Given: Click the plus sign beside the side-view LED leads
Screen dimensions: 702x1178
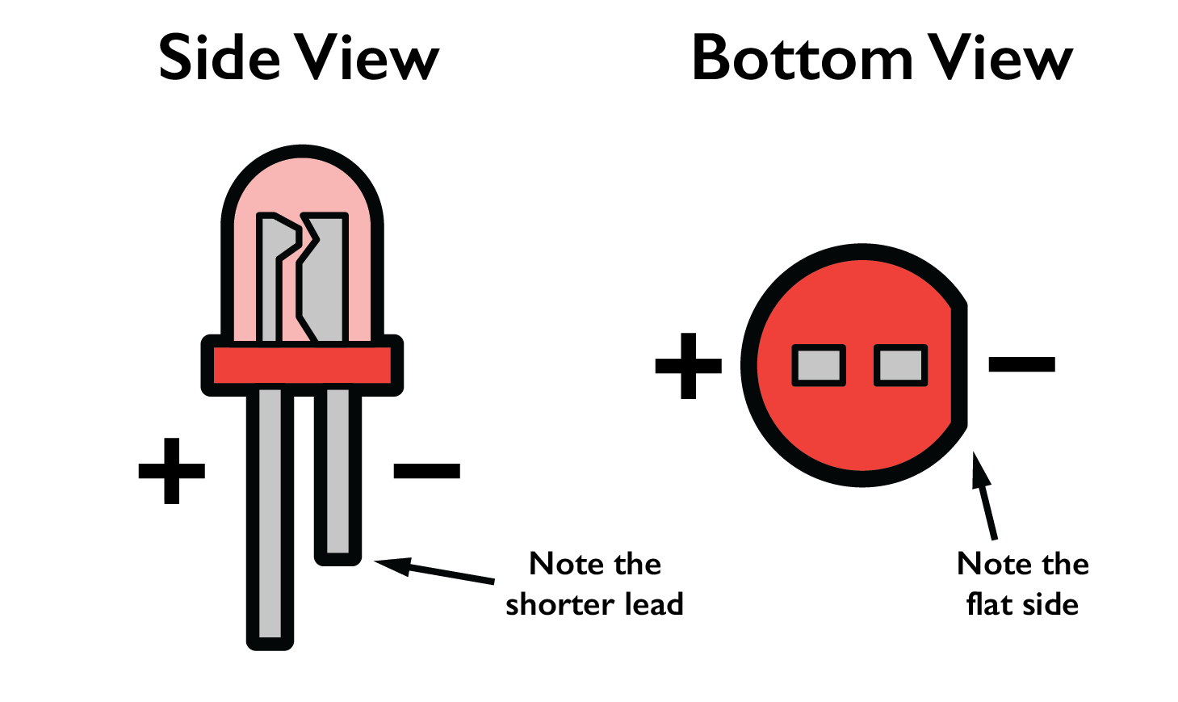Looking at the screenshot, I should click(172, 471).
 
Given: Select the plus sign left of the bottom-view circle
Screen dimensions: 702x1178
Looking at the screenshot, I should click(688, 365).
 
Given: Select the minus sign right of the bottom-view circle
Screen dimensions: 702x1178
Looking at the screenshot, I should click(1021, 364).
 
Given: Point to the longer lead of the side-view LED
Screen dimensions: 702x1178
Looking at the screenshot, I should click(270, 517).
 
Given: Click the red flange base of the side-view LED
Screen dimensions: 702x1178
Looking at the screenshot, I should click(302, 365).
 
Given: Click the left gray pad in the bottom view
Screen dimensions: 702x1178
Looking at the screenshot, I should click(819, 365).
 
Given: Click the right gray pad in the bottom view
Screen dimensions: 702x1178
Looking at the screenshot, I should click(901, 365).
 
